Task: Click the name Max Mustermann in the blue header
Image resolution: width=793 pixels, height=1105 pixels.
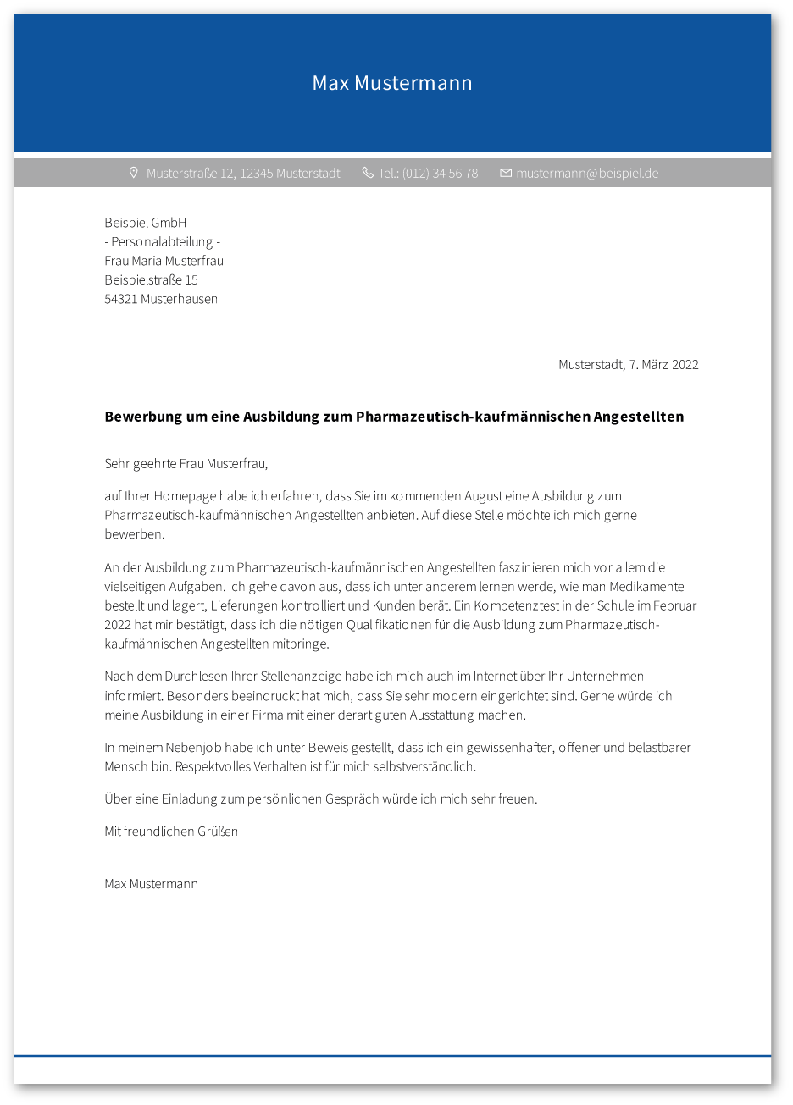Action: pyautogui.click(x=392, y=83)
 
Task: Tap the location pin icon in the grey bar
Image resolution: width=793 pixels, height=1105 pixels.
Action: pyautogui.click(x=133, y=173)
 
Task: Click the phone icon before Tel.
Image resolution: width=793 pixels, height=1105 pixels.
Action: pyautogui.click(x=368, y=173)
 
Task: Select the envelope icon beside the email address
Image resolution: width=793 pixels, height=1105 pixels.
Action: pyautogui.click(x=506, y=173)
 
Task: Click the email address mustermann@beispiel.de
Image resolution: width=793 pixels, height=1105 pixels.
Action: pyautogui.click(x=587, y=174)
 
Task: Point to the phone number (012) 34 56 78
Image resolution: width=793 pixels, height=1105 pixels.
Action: pyautogui.click(x=440, y=174)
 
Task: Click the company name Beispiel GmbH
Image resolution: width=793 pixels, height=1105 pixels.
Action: pyautogui.click(x=145, y=223)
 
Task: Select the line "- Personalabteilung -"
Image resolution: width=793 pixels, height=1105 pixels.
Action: pyautogui.click(x=163, y=242)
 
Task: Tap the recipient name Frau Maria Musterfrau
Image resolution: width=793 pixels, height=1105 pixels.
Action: pyautogui.click(x=164, y=261)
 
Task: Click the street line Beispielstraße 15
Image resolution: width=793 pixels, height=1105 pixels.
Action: pyautogui.click(x=151, y=279)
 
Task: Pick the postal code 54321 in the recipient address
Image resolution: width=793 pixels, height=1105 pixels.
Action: pyautogui.click(x=121, y=299)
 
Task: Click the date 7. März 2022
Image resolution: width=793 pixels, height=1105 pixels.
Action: pyautogui.click(x=663, y=365)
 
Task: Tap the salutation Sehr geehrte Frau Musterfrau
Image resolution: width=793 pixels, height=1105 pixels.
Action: pyautogui.click(x=186, y=464)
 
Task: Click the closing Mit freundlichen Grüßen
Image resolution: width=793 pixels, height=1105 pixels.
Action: pyautogui.click(x=171, y=832)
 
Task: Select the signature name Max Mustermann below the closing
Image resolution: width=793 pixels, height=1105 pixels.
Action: pyautogui.click(x=151, y=884)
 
